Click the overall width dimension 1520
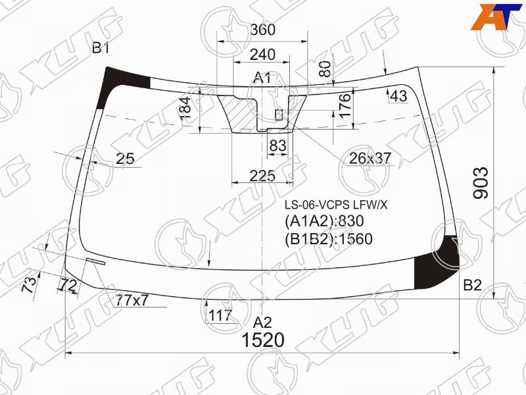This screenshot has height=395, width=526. (x=263, y=340)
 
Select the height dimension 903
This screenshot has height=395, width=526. (x=481, y=183)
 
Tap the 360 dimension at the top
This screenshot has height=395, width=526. (x=263, y=30)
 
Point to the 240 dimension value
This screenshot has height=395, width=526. (x=262, y=55)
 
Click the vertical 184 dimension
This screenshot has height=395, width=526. (x=185, y=108)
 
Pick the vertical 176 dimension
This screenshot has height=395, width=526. (x=345, y=106)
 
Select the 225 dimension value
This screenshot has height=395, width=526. (x=262, y=176)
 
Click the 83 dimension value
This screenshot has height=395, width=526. (x=278, y=145)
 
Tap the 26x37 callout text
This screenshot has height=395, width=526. (x=370, y=158)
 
